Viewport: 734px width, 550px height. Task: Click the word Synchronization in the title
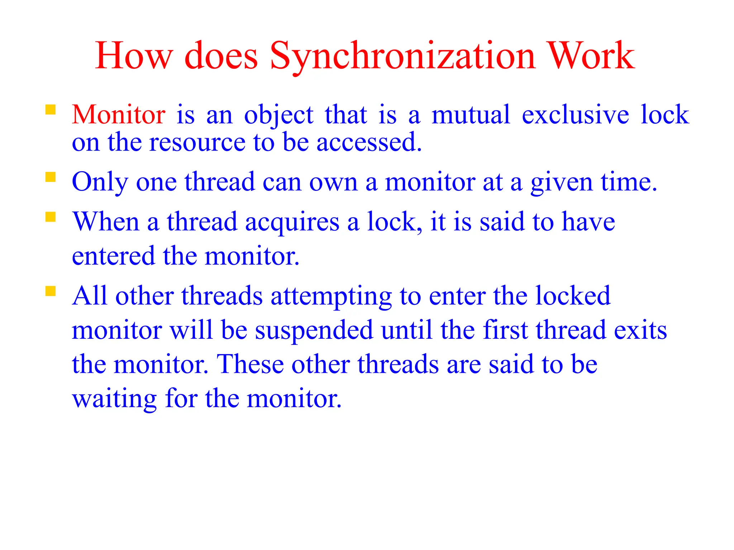click(402, 57)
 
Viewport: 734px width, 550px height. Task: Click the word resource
click(197, 143)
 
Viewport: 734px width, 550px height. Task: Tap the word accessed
click(369, 143)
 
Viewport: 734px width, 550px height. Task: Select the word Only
click(100, 183)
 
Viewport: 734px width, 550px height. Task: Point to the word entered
click(114, 256)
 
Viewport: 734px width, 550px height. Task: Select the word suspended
click(314, 330)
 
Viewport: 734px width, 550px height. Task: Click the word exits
click(640, 330)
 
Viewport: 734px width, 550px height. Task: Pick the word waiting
click(114, 400)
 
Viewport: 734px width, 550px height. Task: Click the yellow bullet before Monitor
click(51, 110)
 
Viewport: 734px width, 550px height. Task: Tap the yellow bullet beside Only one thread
click(51, 178)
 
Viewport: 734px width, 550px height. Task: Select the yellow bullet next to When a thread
click(51, 217)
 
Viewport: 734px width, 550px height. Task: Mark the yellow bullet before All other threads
click(51, 291)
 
